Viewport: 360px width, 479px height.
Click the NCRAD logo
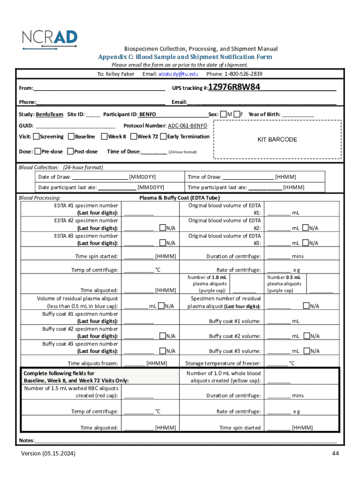(50, 39)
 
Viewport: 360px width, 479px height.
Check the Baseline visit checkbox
(71, 137)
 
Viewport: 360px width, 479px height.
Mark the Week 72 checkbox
(134, 137)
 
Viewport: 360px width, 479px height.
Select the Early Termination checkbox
(163, 137)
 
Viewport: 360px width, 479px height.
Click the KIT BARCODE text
(277, 139)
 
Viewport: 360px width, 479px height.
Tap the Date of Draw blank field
(100, 177)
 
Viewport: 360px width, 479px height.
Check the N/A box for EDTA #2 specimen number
(162, 228)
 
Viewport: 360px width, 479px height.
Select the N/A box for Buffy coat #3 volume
(306, 350)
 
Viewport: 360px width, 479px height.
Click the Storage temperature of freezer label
(223, 363)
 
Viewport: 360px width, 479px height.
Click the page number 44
(335, 453)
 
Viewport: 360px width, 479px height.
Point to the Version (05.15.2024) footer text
(48, 453)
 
